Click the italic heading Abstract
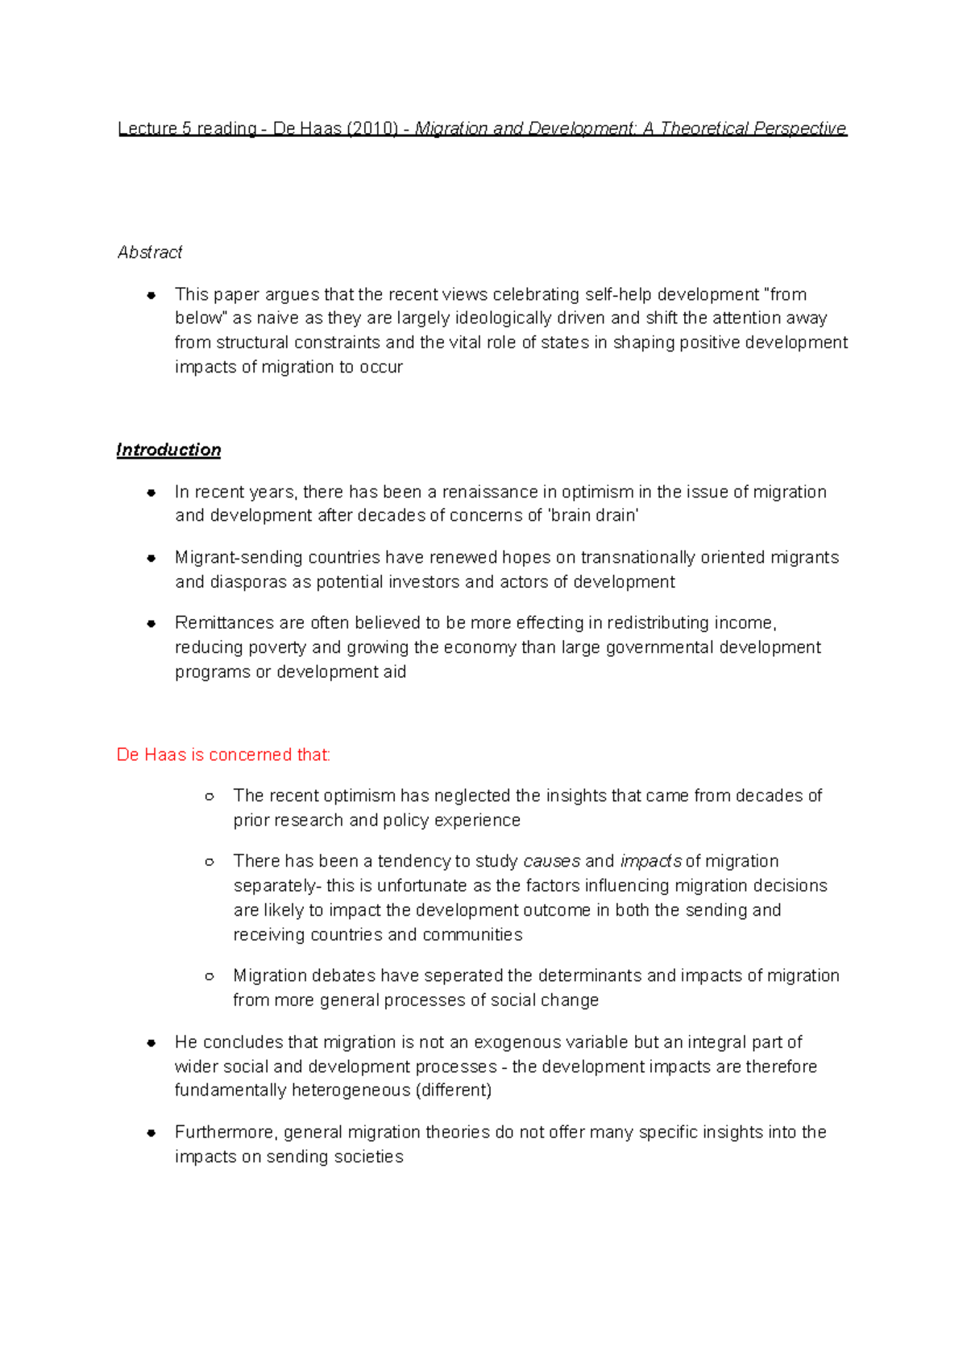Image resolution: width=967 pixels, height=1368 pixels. [x=150, y=252]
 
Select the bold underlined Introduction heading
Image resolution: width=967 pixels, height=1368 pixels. [x=168, y=450]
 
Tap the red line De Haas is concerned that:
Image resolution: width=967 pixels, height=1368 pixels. [x=223, y=755]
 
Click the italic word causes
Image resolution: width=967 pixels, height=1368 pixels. [x=551, y=861]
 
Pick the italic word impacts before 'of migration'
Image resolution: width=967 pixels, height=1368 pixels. [x=650, y=861]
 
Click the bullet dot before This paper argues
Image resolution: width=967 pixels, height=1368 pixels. [x=151, y=295]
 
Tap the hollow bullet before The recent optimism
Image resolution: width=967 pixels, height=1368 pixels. [x=210, y=796]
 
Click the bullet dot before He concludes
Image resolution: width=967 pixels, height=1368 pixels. [x=151, y=1043]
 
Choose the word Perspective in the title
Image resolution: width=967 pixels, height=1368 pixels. [x=799, y=129]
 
